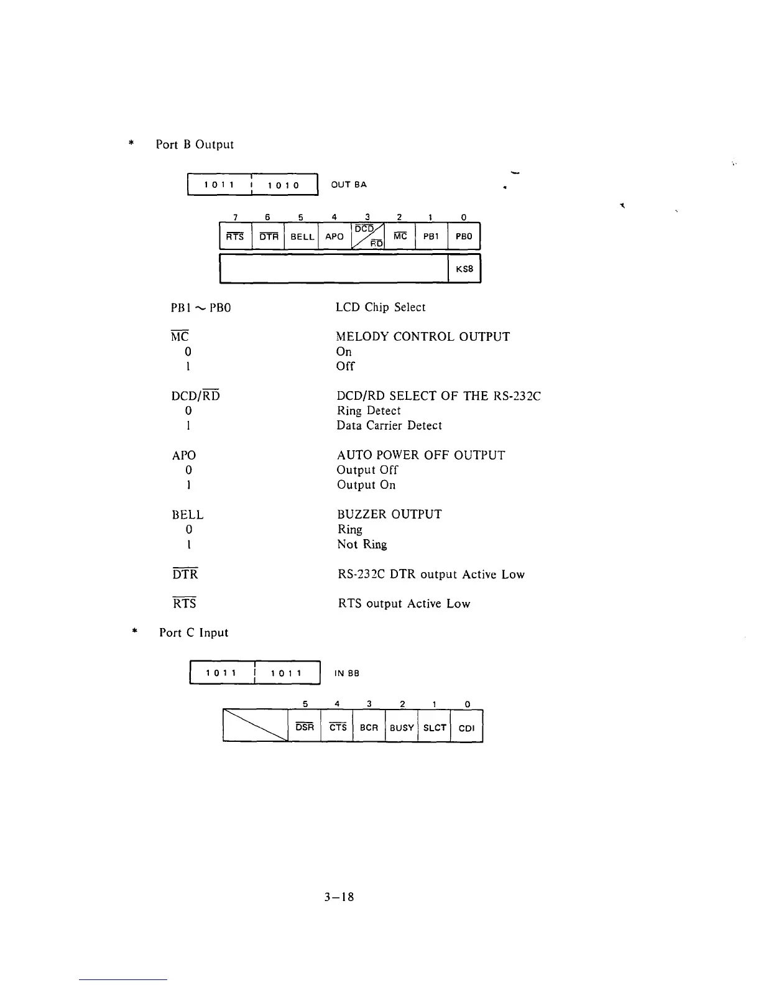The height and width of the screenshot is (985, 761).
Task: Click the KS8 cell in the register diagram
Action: (x=464, y=269)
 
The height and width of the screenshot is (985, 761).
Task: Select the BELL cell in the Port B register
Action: (x=302, y=237)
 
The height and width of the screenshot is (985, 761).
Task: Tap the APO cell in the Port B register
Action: (x=334, y=237)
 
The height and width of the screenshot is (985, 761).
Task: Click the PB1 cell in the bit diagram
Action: (x=431, y=237)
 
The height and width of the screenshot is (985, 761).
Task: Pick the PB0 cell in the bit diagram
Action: (x=464, y=237)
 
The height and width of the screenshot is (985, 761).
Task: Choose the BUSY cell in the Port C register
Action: (x=402, y=728)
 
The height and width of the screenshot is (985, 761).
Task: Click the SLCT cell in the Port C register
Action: (x=435, y=728)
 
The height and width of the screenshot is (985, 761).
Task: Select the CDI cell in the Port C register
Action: (x=466, y=728)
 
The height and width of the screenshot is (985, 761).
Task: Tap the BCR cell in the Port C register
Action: (x=369, y=728)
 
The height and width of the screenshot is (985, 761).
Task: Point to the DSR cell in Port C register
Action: (x=305, y=728)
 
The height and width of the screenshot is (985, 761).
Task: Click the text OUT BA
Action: (x=349, y=185)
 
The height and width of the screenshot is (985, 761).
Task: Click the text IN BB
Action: (x=347, y=673)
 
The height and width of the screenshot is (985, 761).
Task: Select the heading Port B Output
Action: (x=195, y=144)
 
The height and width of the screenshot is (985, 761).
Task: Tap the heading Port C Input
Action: (x=194, y=632)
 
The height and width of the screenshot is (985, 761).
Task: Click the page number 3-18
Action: (x=339, y=897)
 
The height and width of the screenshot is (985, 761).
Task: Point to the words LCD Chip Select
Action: (x=380, y=307)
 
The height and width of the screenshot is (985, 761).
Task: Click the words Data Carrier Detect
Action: (x=389, y=425)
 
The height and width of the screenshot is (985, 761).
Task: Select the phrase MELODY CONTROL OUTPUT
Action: (x=423, y=336)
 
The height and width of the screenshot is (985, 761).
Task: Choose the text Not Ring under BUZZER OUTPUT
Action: (x=362, y=544)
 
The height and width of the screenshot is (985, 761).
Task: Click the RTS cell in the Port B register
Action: (x=235, y=237)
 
